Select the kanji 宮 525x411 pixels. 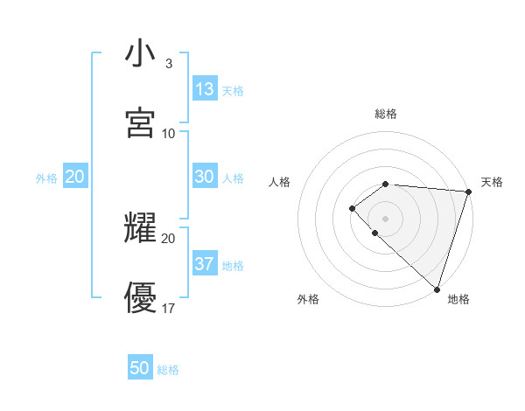click(x=140, y=122)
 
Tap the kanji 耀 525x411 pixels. click(x=140, y=227)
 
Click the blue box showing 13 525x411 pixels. click(x=205, y=89)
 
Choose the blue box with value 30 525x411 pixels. click(x=205, y=177)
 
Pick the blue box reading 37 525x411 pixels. click(x=205, y=264)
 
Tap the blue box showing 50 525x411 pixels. click(x=140, y=368)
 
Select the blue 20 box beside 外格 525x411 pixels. click(x=74, y=177)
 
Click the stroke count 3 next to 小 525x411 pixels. click(x=169, y=64)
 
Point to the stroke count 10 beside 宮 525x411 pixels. click(x=169, y=134)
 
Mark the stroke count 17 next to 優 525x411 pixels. click(x=169, y=308)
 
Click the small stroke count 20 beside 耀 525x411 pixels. click(x=169, y=238)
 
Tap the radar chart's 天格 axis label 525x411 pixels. click(x=492, y=182)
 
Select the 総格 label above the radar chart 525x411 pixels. click(x=386, y=115)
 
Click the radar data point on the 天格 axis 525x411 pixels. click(x=469, y=192)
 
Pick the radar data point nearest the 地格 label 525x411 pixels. click(x=437, y=289)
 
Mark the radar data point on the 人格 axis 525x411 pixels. click(x=352, y=208)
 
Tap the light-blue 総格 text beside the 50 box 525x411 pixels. click(x=168, y=370)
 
